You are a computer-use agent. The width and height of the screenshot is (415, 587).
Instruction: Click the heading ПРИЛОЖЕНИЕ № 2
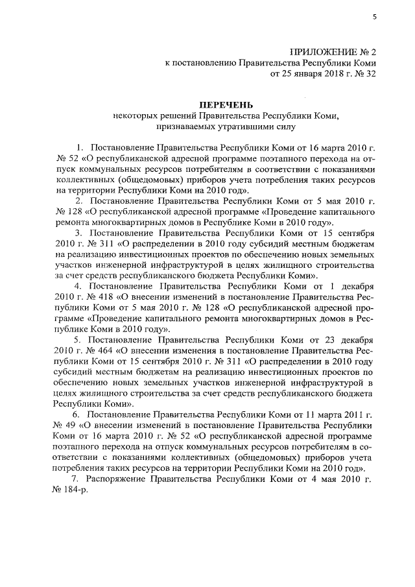(333, 51)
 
